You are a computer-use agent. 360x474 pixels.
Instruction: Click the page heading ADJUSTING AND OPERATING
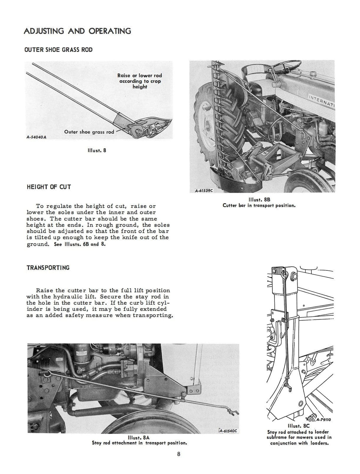pos(77,31)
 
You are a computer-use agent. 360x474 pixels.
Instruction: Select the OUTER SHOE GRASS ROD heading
pos(58,49)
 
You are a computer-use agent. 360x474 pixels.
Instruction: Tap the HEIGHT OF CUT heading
pos(49,187)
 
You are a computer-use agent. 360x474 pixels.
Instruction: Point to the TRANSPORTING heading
pos(48,268)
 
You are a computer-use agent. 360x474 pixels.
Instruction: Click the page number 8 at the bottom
pos(178,462)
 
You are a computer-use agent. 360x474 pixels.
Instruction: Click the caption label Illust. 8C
pos(298,426)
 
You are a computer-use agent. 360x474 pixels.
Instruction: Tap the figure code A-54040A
pos(36,137)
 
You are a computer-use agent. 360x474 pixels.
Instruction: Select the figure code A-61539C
pos(204,190)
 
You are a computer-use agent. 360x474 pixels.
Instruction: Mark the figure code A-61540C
pos(228,431)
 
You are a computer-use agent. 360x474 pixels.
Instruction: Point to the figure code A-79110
pos(323,420)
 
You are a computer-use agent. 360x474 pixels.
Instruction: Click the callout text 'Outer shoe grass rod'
pos(89,132)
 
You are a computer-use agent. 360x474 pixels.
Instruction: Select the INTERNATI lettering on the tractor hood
pos(321,101)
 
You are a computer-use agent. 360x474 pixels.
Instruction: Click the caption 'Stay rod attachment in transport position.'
pos(139,443)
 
